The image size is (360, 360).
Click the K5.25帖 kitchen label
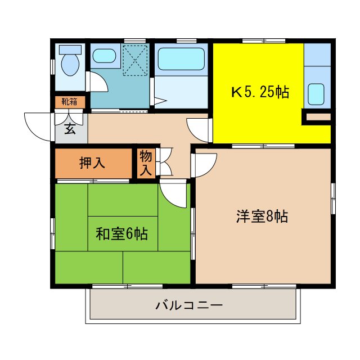(260, 92)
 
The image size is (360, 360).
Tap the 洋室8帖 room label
(262, 216)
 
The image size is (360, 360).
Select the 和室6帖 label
(121, 233)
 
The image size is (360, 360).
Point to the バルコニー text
(189, 306)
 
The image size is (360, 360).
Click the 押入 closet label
(92, 163)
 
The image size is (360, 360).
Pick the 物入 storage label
(146, 163)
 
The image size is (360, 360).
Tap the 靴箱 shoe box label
(70, 102)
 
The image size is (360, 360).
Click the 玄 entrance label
(70, 129)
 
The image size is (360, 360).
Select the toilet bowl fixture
(70, 64)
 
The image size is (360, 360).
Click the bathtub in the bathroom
(182, 58)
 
